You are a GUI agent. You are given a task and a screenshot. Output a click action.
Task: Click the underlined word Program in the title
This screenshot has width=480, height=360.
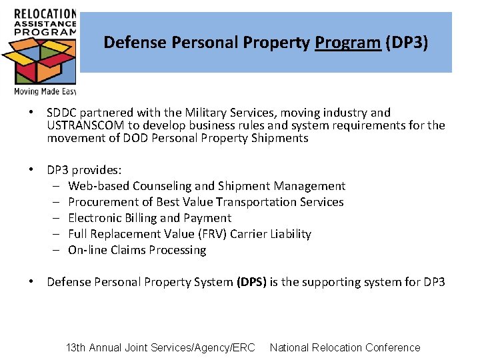(x=347, y=43)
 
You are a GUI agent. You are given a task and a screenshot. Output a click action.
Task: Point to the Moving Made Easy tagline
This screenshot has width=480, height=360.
(x=45, y=91)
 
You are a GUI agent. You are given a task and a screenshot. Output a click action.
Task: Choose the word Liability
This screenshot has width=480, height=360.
(x=288, y=234)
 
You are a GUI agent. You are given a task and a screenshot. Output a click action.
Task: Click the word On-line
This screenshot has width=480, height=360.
(x=88, y=250)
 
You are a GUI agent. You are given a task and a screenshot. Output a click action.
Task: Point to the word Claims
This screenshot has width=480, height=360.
(x=130, y=250)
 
